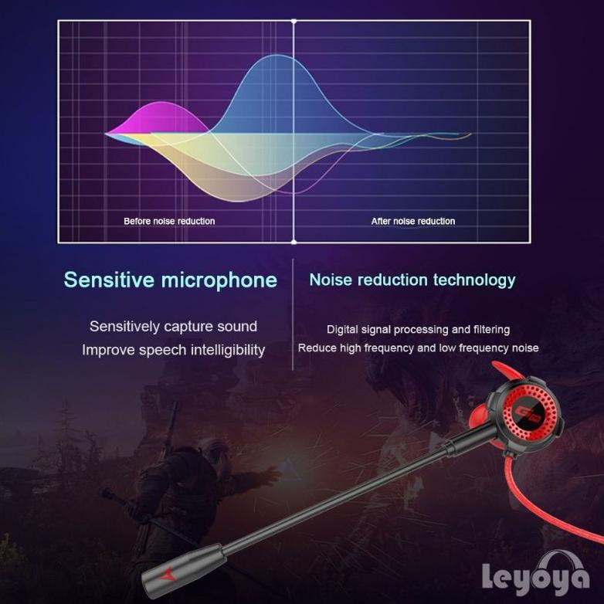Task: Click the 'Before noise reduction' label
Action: coord(169,221)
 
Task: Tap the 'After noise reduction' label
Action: coord(413,221)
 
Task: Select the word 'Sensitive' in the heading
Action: coord(109,280)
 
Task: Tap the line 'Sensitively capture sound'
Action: coord(173,327)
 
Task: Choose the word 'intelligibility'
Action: coord(218,350)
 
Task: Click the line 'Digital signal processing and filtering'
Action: coord(418,330)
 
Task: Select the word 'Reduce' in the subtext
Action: coord(317,348)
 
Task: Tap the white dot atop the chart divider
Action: coord(294,21)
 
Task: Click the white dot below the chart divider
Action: coord(294,242)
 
